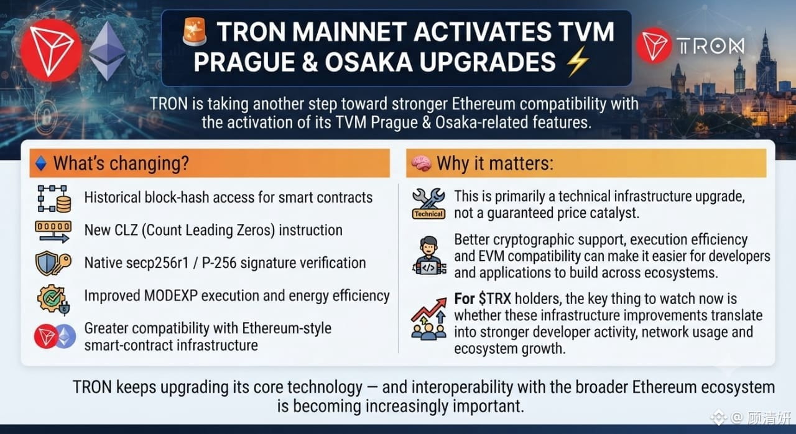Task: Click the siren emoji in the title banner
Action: (195, 32)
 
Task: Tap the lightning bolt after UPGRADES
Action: (578, 62)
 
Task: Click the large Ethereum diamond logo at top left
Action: (107, 51)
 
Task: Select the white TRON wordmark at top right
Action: (710, 46)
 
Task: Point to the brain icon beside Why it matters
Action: (421, 164)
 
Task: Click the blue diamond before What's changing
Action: (41, 164)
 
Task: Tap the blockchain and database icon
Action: (54, 199)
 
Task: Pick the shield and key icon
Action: (53, 264)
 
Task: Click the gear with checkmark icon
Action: (53, 300)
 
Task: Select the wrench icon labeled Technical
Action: (428, 203)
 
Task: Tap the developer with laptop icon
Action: (429, 256)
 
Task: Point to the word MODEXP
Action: (170, 296)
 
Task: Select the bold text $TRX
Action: (494, 298)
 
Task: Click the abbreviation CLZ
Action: (126, 230)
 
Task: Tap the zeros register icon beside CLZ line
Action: (53, 231)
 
